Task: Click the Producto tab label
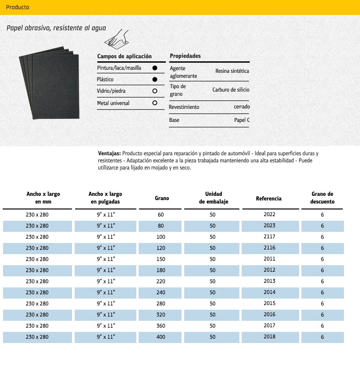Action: [18, 7]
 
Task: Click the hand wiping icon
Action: [117, 39]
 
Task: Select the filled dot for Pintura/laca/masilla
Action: [155, 68]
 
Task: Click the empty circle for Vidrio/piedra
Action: [155, 91]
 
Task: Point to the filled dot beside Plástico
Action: [155, 79]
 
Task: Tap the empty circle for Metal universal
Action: [155, 103]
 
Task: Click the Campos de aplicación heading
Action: [124, 56]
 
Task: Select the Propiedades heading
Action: [185, 56]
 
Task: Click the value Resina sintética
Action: [232, 71]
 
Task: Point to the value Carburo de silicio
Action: [231, 90]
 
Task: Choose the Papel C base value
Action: [242, 120]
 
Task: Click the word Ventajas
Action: [110, 153]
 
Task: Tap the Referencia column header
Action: [268, 198]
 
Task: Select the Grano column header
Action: [162, 198]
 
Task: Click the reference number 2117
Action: [270, 237]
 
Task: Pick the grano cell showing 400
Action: [161, 337]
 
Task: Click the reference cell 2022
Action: [270, 215]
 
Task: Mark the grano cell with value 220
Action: [161, 281]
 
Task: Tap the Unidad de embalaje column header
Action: [213, 198]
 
